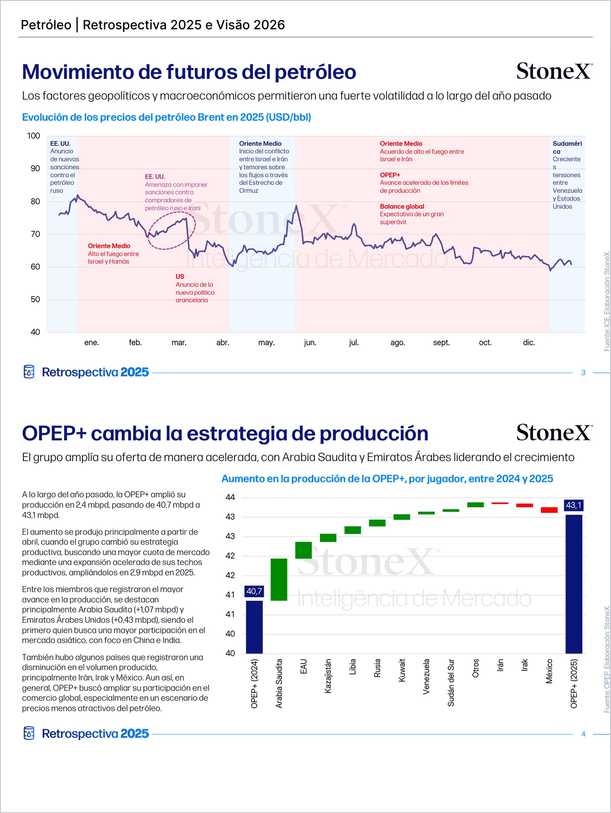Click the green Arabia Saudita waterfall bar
tap(279, 580)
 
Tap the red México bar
tap(549, 510)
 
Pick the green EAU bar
tap(304, 550)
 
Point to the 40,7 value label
tap(254, 591)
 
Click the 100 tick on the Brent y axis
tap(33, 136)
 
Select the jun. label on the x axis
tap(310, 343)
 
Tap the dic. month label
tap(529, 343)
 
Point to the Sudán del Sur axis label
tap(451, 682)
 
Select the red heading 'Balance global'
tap(402, 207)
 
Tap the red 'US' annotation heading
tap(180, 276)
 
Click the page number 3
tap(583, 373)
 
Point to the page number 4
tap(583, 734)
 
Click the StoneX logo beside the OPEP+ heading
tap(554, 433)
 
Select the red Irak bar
tap(524, 505)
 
